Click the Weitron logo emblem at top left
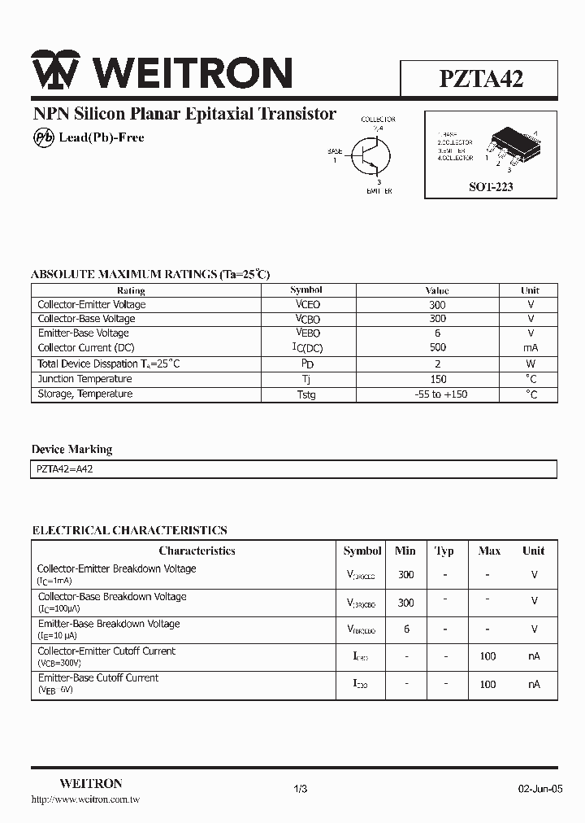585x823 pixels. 55,71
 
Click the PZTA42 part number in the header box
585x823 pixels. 481,79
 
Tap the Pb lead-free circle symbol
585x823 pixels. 43,137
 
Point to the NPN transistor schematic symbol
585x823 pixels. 370,155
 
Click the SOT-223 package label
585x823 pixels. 491,187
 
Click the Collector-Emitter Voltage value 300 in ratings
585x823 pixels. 437,305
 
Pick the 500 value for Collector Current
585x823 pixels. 437,348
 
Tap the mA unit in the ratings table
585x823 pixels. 531,348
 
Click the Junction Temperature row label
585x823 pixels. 84,379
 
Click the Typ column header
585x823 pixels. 444,551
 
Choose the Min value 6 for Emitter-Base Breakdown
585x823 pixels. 406,629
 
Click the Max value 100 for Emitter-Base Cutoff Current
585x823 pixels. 487,684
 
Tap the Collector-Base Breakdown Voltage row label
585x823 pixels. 111,596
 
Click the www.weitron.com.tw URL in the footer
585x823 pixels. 85,800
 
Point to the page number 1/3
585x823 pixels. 300,789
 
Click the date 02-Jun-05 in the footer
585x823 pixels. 540,789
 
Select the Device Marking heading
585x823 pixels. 71,450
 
